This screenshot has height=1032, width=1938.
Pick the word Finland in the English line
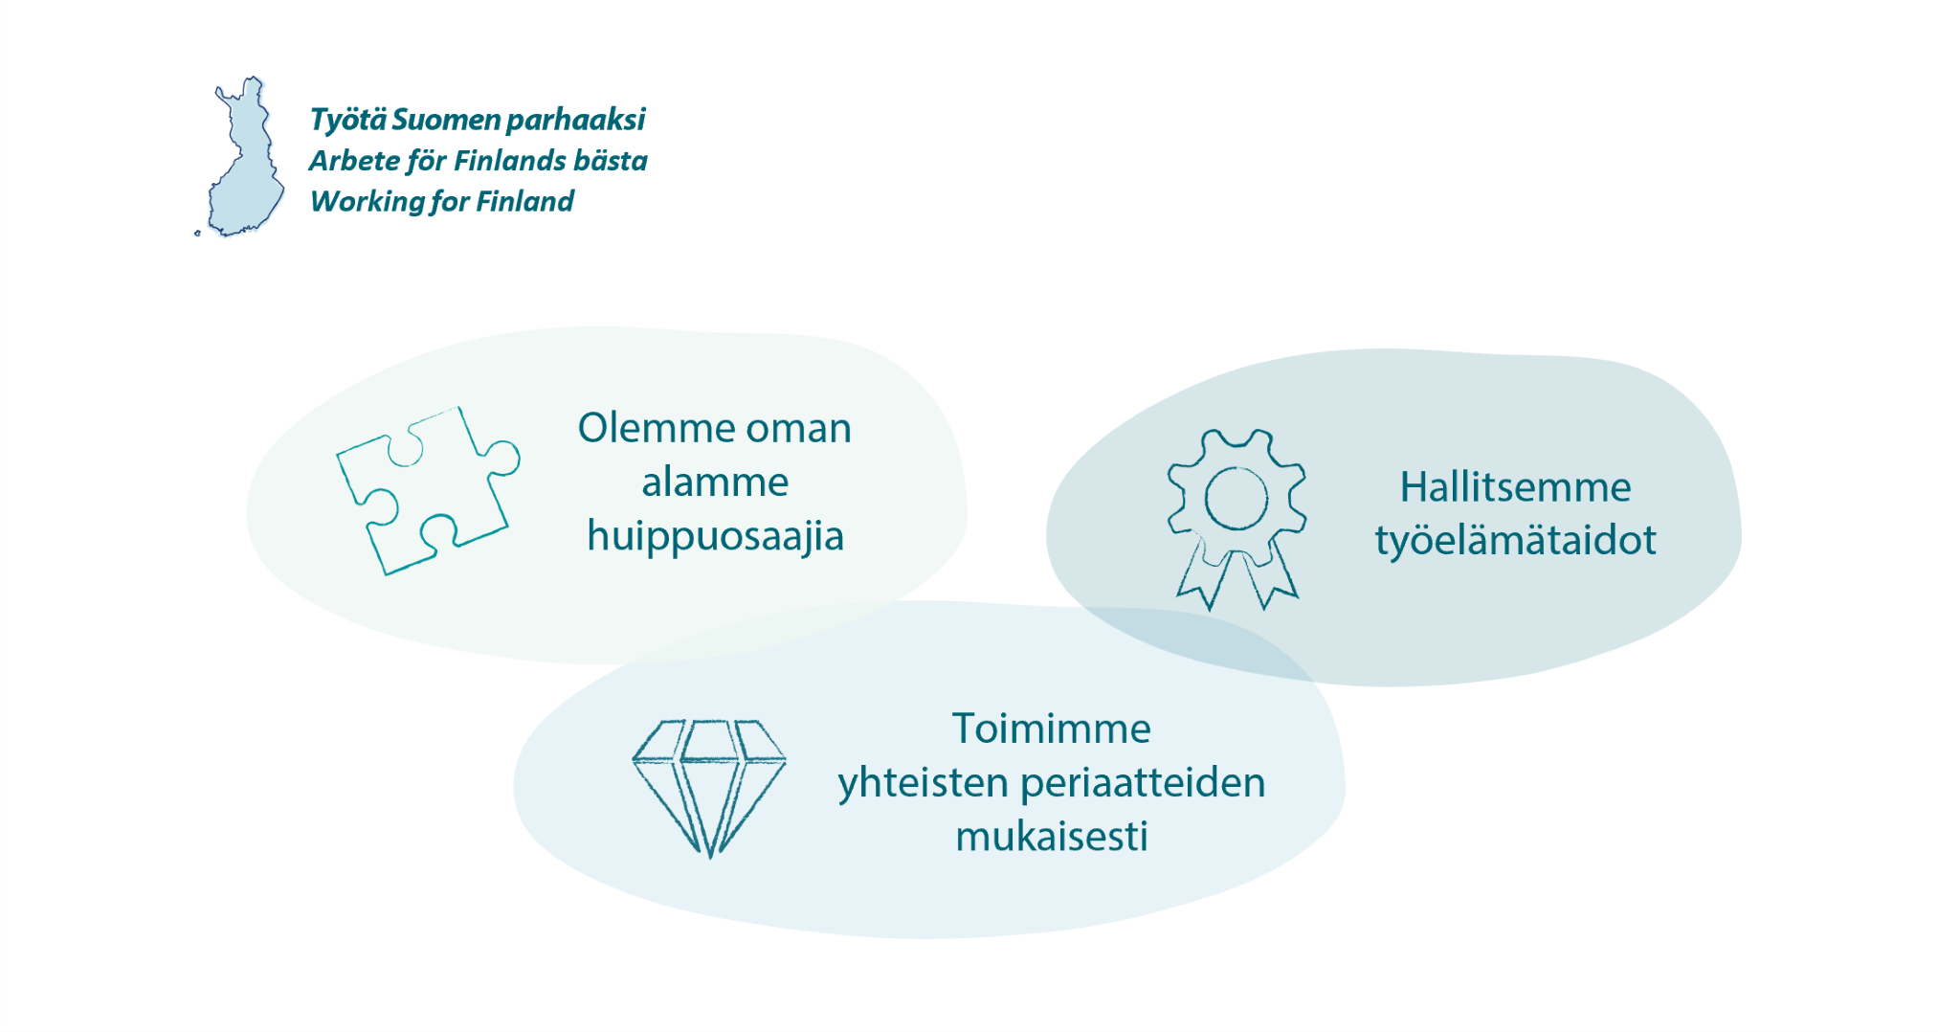pos(524,202)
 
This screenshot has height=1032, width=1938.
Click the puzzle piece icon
pos(428,490)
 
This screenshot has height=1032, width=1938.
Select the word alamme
pos(715,482)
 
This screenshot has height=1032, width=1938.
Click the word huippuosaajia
pos(715,536)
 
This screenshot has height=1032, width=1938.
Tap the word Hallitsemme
pos(1515,487)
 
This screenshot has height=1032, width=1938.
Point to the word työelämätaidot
pos(1515,541)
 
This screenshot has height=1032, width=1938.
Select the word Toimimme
pos(1051,729)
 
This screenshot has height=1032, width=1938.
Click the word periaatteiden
pos(1144,784)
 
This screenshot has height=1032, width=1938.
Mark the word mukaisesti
pos(1051,837)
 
